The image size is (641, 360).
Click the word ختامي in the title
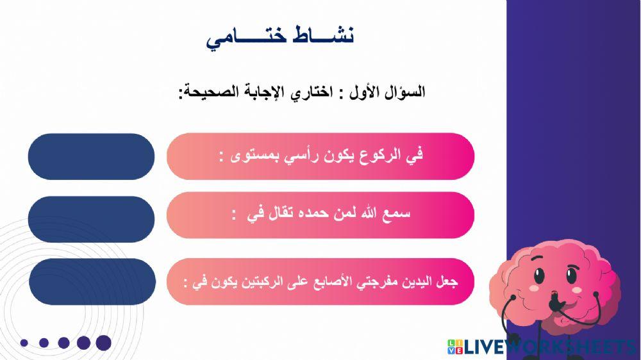click(242, 38)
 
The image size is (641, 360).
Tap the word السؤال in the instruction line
click(404, 92)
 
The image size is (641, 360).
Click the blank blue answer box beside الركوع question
click(91, 156)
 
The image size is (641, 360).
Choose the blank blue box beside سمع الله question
click(91, 217)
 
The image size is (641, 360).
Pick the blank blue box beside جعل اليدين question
click(91, 282)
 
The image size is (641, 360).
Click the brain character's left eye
click(539, 277)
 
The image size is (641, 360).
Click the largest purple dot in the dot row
click(103, 343)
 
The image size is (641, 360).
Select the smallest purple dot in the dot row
click(24, 343)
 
